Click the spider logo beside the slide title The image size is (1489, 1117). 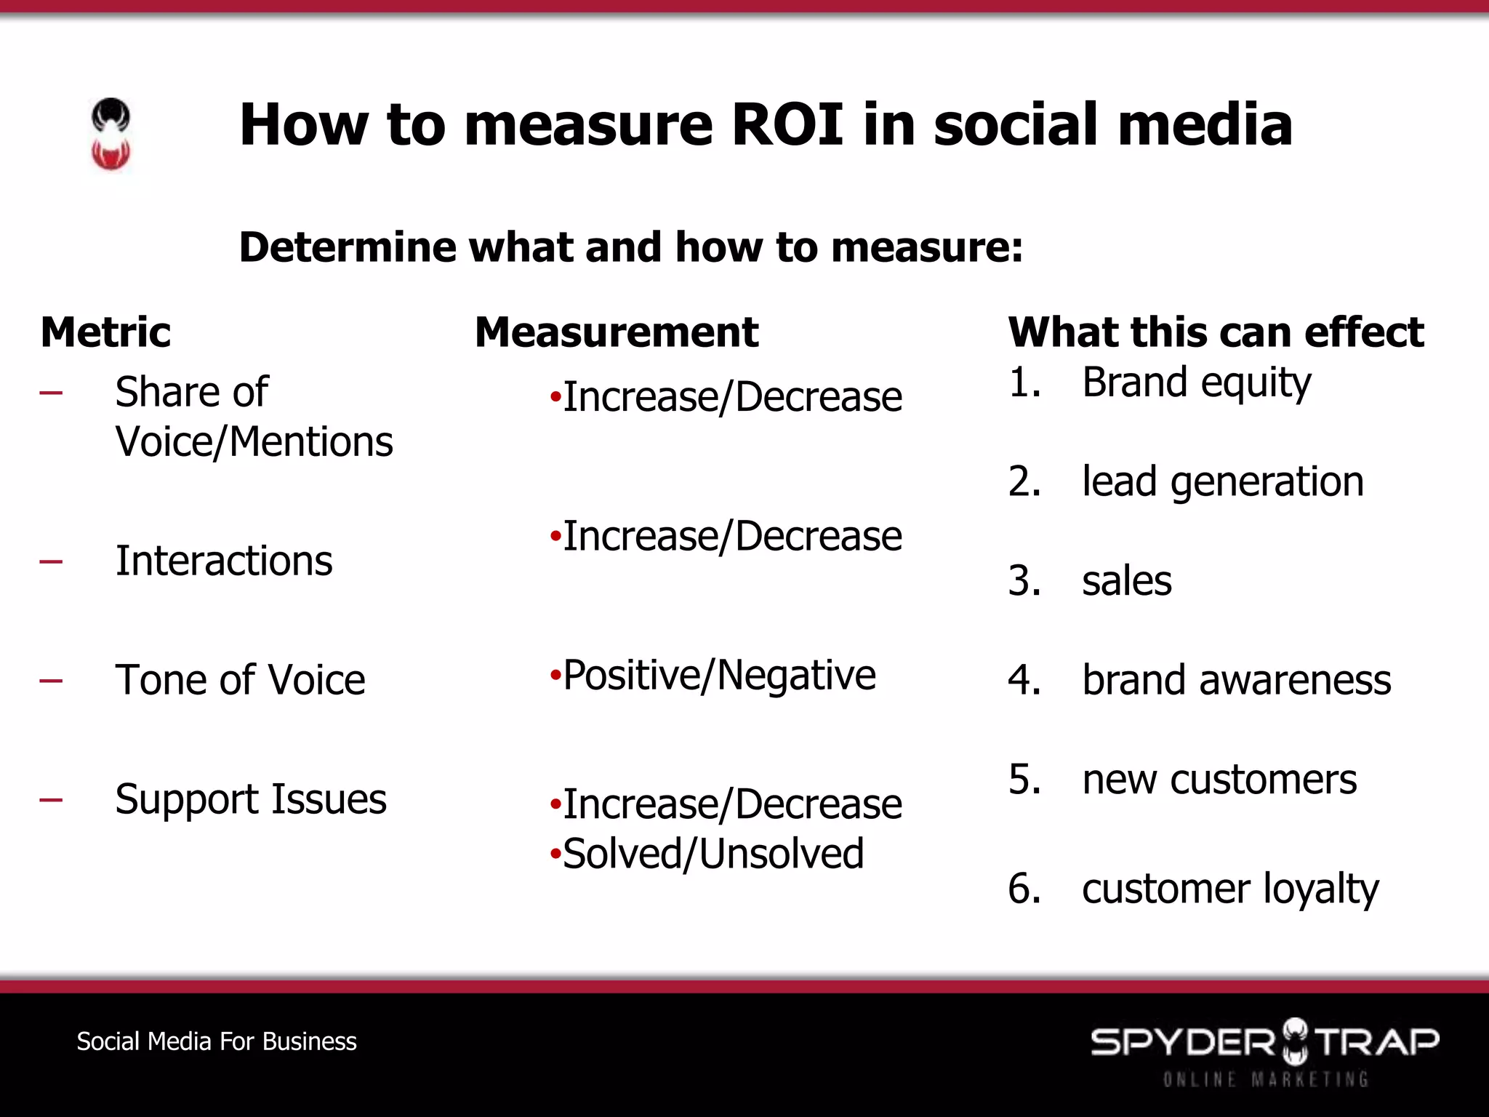[x=111, y=135]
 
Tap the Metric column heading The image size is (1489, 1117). [x=105, y=332]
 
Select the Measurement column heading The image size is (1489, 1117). [x=617, y=332]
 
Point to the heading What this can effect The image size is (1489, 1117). [x=1216, y=332]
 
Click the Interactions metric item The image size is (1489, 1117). [x=224, y=561]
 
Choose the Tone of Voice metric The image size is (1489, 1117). [x=240, y=680]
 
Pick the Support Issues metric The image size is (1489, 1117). [x=251, y=799]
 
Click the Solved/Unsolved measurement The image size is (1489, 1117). [x=713, y=853]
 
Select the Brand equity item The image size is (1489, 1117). [x=1196, y=383]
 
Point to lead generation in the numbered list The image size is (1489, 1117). [x=1222, y=481]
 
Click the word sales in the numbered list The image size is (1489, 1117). [x=1126, y=581]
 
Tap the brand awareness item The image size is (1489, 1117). [x=1236, y=680]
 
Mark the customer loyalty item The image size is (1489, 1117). [x=1230, y=889]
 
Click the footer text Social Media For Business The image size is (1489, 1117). [x=217, y=1041]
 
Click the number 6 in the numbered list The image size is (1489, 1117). [x=1023, y=889]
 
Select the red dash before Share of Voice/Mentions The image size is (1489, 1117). [x=51, y=393]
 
